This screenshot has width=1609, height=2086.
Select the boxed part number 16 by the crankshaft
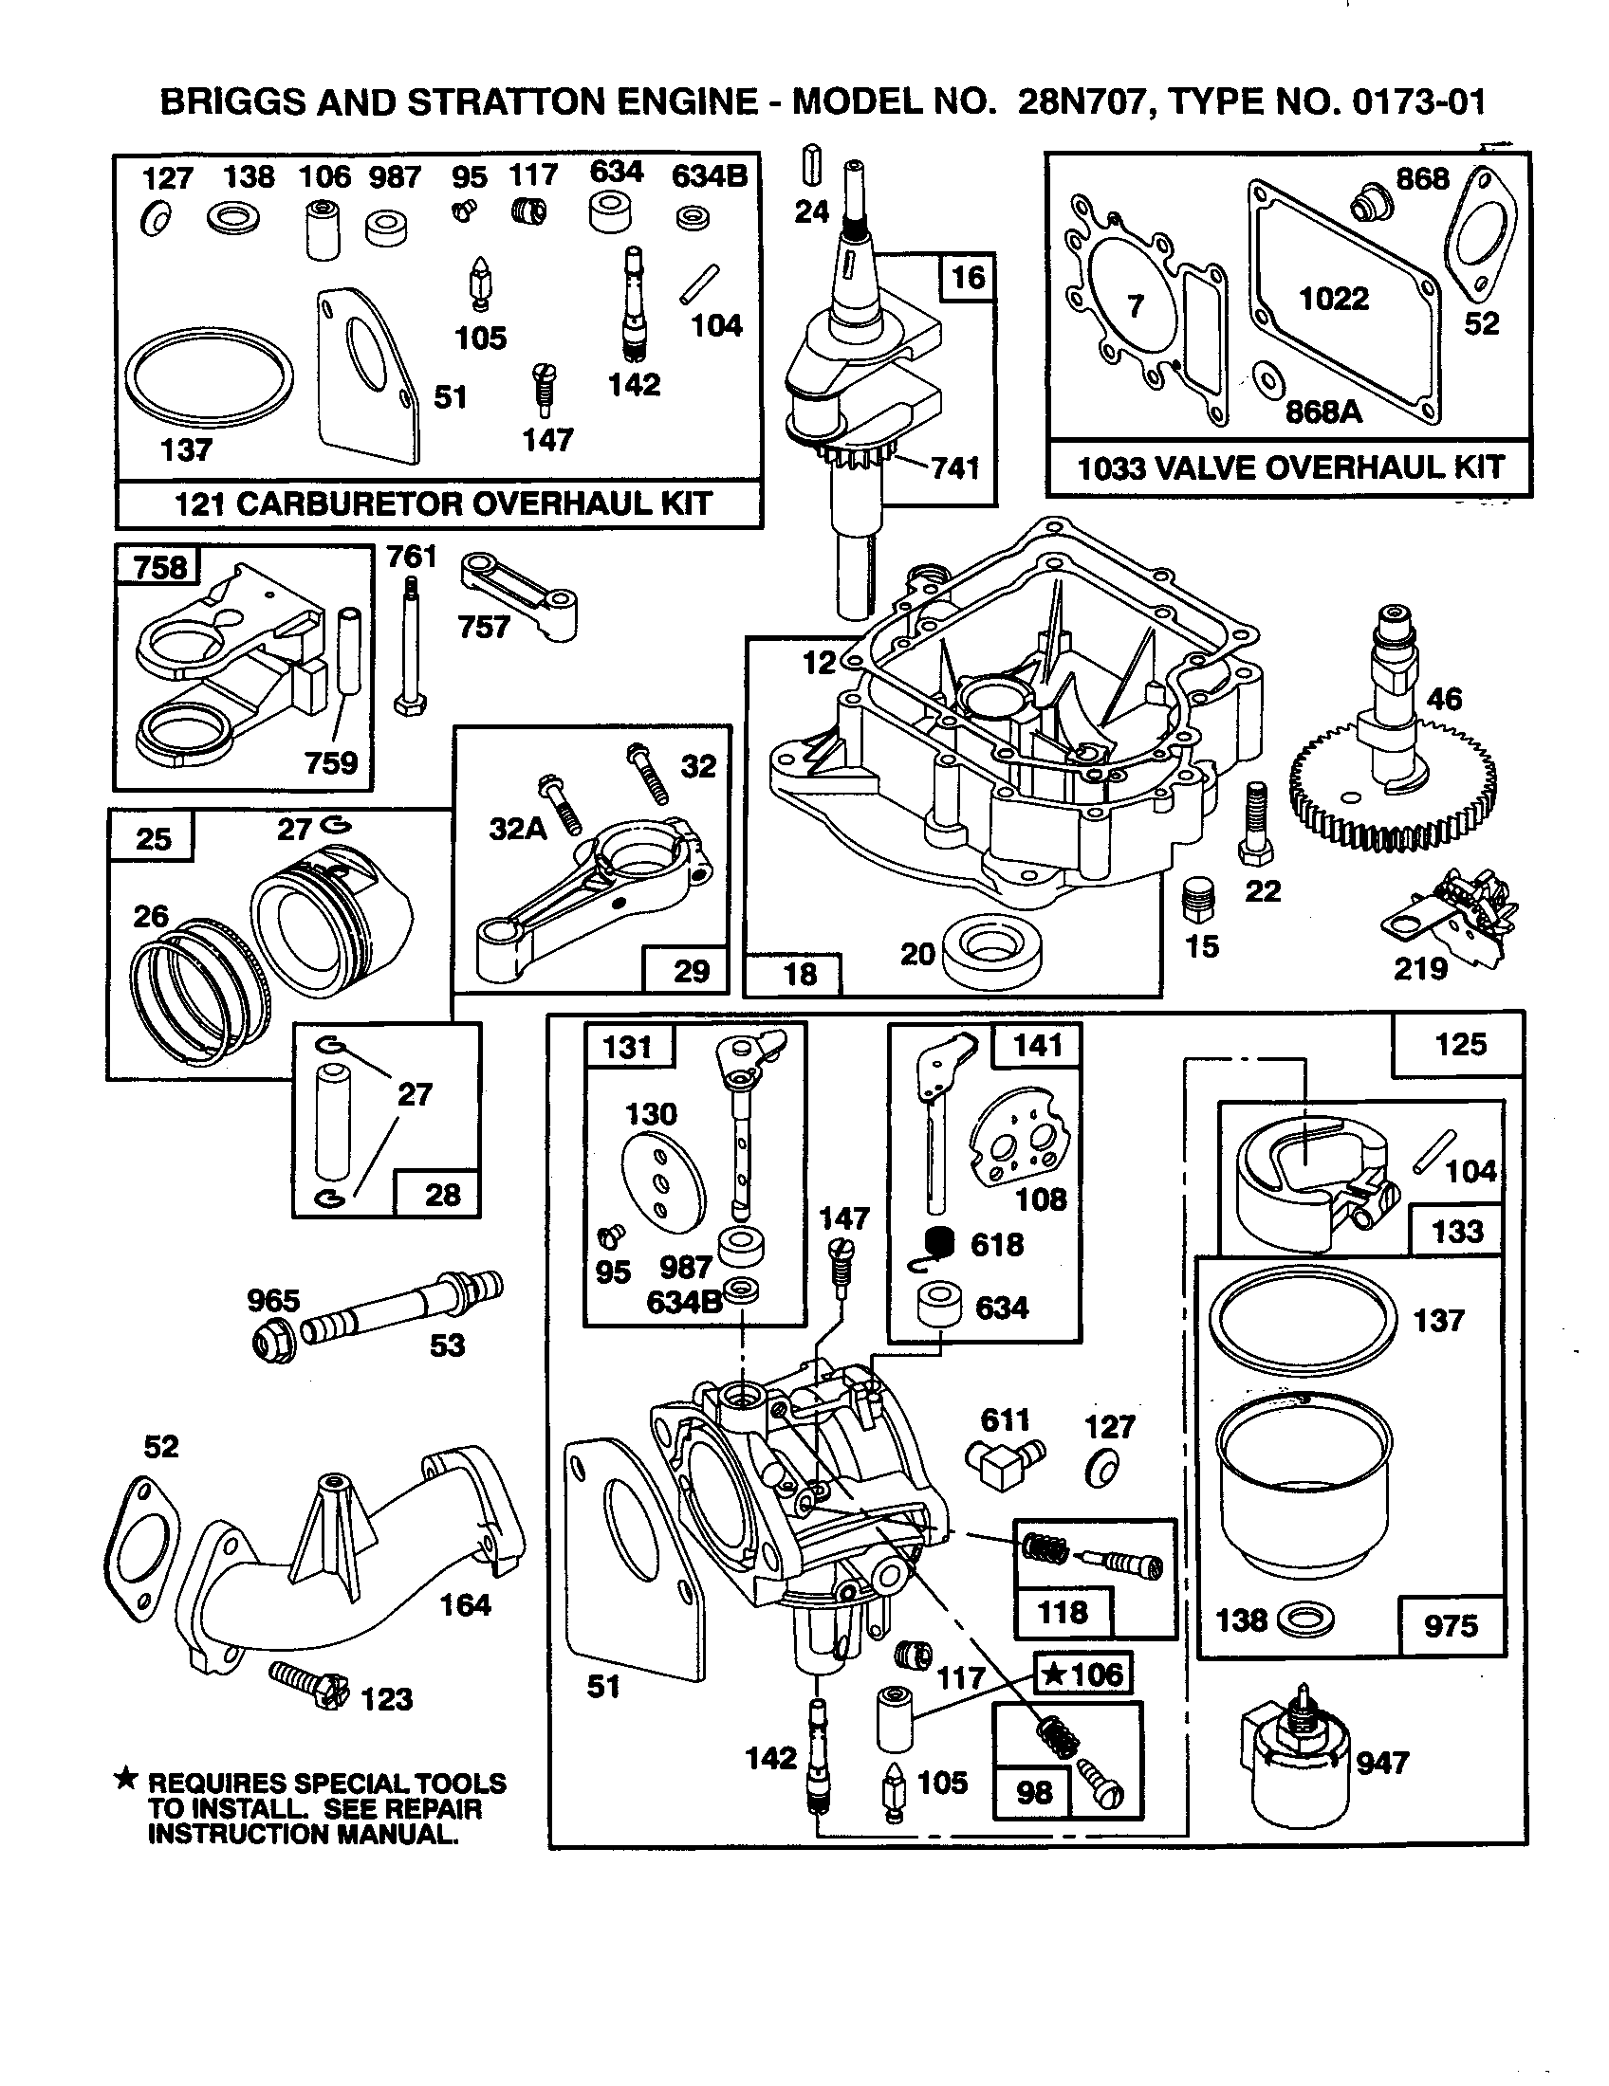[x=968, y=278]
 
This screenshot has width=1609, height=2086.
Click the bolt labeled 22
[x=1254, y=820]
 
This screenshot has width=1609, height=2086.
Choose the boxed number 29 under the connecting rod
[x=691, y=971]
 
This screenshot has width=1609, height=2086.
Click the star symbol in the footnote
[x=125, y=1779]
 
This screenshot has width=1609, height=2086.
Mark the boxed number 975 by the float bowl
[x=1450, y=1624]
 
